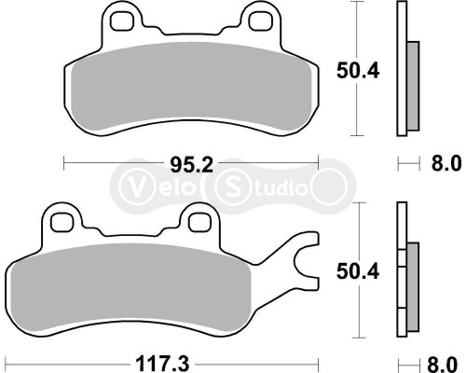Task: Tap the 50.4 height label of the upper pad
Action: click(x=357, y=70)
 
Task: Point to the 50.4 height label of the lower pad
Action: click(x=357, y=271)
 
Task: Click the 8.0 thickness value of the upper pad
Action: click(x=446, y=164)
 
